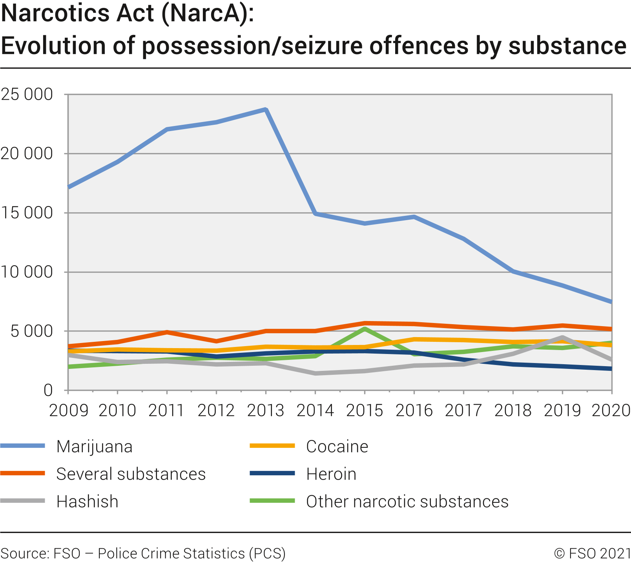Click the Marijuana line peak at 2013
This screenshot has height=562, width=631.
tap(266, 109)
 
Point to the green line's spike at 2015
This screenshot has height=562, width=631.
tap(365, 329)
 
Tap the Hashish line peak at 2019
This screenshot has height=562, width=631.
tap(562, 338)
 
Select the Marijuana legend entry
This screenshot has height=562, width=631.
tap(94, 447)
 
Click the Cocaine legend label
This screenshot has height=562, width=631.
tap(337, 447)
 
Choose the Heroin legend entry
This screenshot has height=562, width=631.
tap(331, 474)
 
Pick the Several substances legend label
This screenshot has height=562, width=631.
tap(131, 474)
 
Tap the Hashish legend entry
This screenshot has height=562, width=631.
tap(87, 502)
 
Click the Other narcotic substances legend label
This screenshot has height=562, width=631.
tap(407, 502)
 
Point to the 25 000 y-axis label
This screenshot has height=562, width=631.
tap(27, 95)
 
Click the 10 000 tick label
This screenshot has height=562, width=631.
tap(27, 272)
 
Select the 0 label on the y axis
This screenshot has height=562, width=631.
tap(48, 390)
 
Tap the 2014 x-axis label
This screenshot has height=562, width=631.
tap(315, 411)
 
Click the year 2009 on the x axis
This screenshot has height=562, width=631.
tap(69, 411)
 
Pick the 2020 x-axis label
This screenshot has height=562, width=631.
tap(610, 411)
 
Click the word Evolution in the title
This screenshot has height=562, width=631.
tap(53, 46)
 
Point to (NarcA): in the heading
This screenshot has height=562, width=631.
tap(207, 13)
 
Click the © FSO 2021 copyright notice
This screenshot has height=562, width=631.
tap(592, 553)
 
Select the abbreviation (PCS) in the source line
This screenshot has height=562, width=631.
tap(267, 553)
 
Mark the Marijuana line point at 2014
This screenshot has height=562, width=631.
tap(315, 213)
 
